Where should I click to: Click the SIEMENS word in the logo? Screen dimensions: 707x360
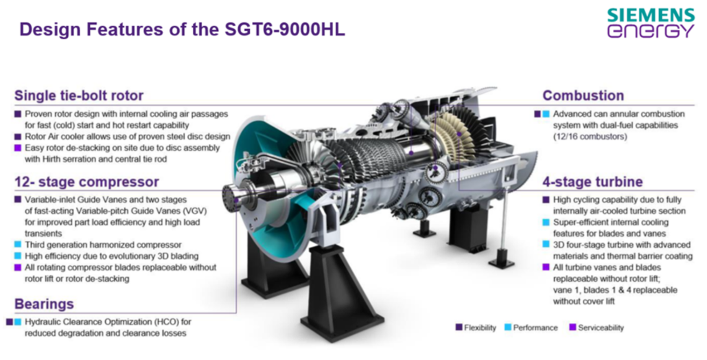coord(651,15)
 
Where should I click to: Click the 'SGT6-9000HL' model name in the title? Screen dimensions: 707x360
coord(285,29)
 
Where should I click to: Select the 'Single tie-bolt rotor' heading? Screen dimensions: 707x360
coord(79,95)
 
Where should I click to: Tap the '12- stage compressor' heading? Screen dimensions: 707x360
coord(87,181)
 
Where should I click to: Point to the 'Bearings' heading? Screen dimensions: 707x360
coord(44,304)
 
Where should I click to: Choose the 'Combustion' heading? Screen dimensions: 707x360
coord(583,95)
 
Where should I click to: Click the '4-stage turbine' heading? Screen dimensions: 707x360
coord(593,181)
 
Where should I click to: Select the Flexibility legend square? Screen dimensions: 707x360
coord(459,327)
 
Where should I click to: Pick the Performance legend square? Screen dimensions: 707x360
coord(508,327)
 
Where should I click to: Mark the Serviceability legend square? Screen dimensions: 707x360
coord(572,327)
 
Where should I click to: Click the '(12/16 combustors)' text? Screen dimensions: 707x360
coord(590,137)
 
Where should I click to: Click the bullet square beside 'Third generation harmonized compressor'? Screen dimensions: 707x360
coord(18,244)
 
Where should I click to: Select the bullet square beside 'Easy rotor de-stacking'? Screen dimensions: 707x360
coord(18,147)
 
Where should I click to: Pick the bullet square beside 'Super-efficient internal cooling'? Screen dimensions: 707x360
coord(546,223)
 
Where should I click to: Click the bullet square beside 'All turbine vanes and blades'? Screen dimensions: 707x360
coord(546,267)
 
